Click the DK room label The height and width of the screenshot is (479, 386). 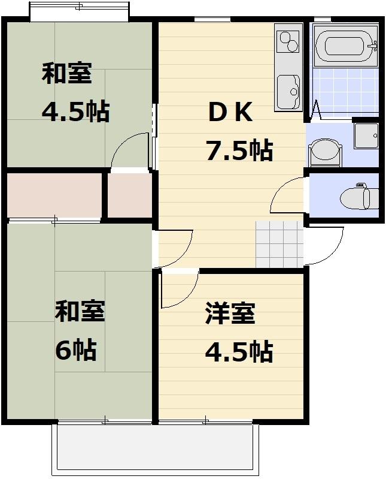pos(230,112)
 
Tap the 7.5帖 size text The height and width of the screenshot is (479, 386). pos(239,150)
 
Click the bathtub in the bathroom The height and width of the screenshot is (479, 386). pos(344,46)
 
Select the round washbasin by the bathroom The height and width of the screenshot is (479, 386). pos(324,150)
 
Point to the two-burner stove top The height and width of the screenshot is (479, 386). pos(288,41)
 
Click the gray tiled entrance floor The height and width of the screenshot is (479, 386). pos(279,243)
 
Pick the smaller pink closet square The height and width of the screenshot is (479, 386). pos(129,195)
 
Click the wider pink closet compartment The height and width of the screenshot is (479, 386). pos(54,195)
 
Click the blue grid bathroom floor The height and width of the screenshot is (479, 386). pos(345,90)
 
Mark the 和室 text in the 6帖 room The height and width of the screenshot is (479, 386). pos(80,312)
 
